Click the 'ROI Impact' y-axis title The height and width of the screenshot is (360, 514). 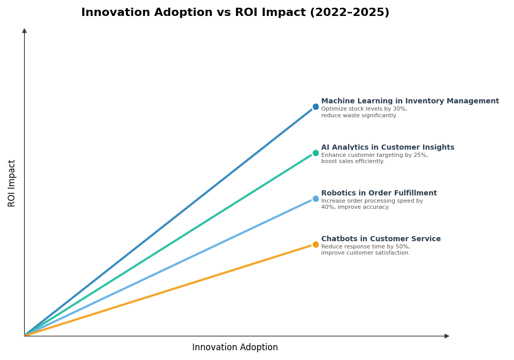coord(12,183)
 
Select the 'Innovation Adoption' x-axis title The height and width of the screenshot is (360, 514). coord(235,348)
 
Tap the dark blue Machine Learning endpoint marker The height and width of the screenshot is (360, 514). coord(316,107)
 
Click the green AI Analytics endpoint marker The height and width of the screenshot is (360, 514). coord(316,153)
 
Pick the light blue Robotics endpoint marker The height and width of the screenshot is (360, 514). coord(316,199)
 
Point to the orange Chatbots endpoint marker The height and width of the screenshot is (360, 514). coord(316,244)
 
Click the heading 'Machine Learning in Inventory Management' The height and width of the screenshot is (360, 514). coord(410,101)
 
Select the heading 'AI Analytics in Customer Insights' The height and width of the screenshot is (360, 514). coord(388,148)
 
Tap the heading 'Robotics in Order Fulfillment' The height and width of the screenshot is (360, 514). coord(379,193)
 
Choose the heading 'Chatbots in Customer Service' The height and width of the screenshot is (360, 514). coord(381,239)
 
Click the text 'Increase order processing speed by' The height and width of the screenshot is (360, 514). coord(372,201)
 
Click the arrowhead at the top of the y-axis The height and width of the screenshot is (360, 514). coord(24,31)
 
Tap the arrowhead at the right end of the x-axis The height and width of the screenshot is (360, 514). coord(447,336)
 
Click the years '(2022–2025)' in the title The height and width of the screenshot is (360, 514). coord(350,13)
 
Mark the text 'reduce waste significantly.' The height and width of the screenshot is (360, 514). coord(359,116)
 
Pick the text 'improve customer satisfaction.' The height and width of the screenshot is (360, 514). coord(365,253)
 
